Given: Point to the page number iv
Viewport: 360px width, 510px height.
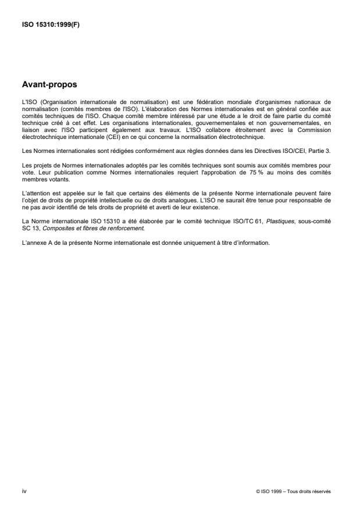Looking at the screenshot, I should click(23, 491).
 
